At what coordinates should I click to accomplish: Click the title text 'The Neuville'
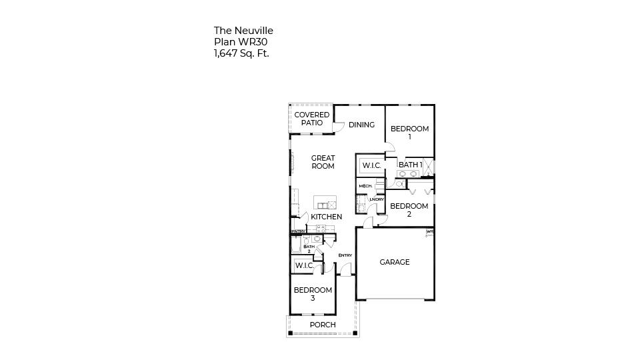243,31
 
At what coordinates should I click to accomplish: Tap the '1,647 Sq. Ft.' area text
241,53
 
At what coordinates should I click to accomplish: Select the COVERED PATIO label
312,119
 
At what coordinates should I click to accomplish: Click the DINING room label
361,125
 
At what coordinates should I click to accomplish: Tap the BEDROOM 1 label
409,133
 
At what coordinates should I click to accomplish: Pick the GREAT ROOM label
323,162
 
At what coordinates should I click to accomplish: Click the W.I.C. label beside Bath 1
371,165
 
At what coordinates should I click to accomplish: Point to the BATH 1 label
410,165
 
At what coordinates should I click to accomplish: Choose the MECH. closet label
365,186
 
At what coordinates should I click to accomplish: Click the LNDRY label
377,199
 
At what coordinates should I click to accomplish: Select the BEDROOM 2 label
409,210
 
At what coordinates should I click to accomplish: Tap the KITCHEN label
326,217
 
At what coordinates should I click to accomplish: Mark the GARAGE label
395,262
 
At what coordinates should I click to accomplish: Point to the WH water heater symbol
429,232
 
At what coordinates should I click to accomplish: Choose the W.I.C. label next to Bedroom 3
304,265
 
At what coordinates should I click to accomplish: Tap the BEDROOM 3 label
313,294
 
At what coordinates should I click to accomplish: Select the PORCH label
323,325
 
